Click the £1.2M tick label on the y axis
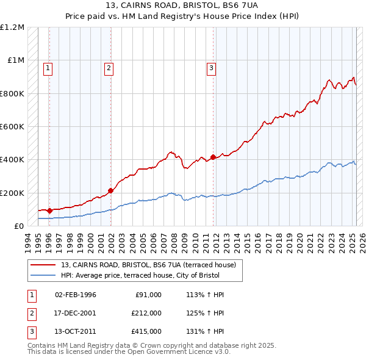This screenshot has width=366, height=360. (12, 27)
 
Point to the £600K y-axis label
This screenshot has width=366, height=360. (12, 127)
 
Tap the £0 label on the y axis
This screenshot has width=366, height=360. (18, 226)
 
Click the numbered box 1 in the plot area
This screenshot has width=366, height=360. (48, 69)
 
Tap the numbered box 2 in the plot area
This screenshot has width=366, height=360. (109, 69)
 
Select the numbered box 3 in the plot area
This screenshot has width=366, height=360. (211, 69)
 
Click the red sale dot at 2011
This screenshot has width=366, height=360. (213, 157)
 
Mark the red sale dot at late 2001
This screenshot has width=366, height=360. (111, 190)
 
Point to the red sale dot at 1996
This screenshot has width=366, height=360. (49, 211)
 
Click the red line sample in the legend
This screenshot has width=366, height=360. (44, 265)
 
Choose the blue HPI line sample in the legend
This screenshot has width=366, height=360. (44, 275)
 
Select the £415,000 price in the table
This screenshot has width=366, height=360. (146, 331)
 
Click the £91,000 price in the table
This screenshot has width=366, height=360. (148, 295)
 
